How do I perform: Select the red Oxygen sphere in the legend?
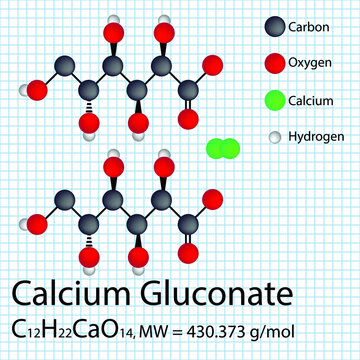(x=272, y=63)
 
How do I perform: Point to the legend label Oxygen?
(x=310, y=63)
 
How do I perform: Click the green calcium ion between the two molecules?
(x=222, y=150)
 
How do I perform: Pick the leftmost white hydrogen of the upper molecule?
(x=24, y=90)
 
